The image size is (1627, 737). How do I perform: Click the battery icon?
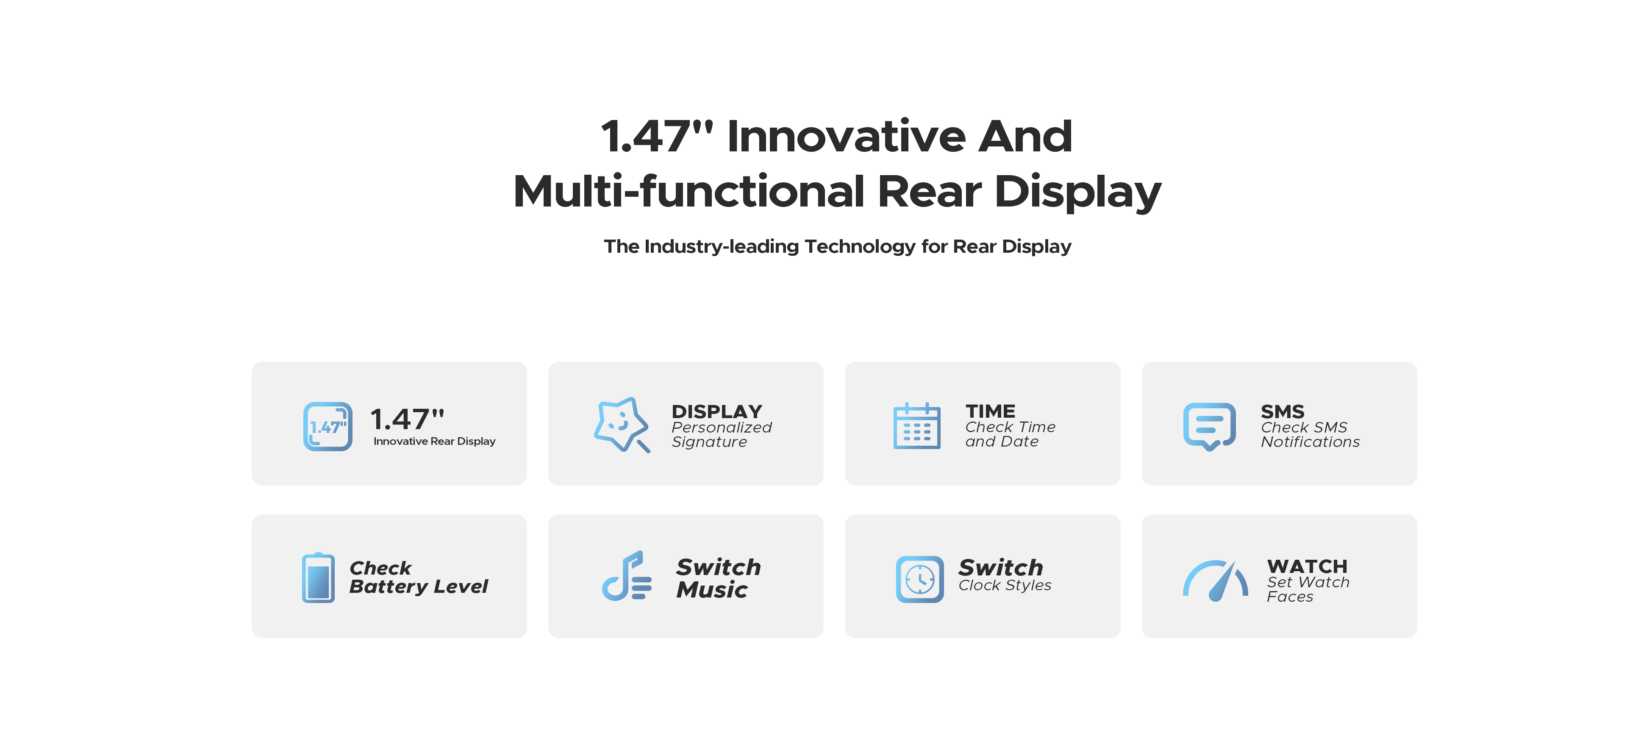tap(318, 578)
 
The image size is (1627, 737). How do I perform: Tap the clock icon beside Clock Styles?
tap(919, 579)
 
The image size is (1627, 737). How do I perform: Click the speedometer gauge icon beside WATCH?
tap(1215, 580)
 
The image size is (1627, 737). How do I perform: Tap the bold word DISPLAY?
tap(717, 411)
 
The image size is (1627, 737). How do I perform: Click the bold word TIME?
tap(990, 411)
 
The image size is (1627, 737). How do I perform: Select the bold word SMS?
tap(1283, 411)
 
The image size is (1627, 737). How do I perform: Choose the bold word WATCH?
tap(1308, 567)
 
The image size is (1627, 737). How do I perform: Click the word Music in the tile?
tap(712, 590)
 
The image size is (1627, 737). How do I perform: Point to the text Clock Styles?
tap(1005, 585)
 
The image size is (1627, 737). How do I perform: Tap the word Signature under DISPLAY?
tap(709, 442)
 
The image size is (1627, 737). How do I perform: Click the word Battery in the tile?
tap(389, 586)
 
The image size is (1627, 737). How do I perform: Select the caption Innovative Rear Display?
tap(435, 441)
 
